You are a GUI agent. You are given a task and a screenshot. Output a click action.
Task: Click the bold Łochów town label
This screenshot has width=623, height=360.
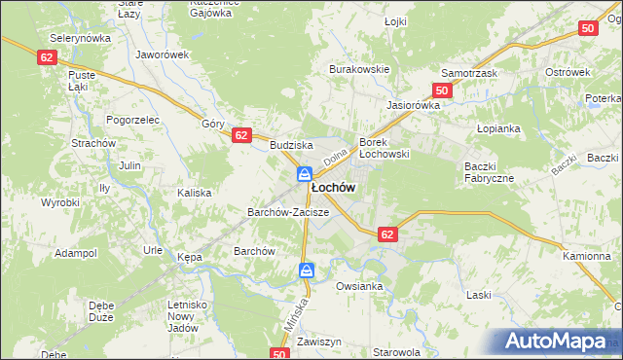[333, 187]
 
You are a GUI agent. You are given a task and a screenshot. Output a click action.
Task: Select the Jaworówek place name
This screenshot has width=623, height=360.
[163, 55]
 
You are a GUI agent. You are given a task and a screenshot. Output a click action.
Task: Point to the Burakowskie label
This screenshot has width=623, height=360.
[360, 69]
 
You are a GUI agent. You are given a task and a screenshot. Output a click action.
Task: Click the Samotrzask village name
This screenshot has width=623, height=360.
[469, 73]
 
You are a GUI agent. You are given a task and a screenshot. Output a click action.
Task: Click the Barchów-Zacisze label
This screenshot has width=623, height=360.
[288, 211]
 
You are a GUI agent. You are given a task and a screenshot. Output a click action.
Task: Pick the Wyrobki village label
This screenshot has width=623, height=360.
[59, 202]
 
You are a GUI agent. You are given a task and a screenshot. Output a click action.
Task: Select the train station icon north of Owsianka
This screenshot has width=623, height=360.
[307, 270]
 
